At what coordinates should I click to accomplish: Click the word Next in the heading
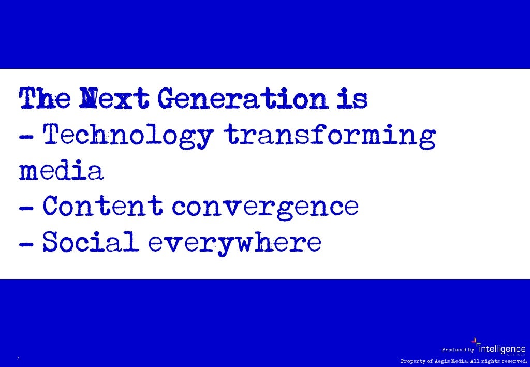[108, 99]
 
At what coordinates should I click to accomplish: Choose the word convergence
[265, 207]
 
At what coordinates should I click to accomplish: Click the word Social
[91, 242]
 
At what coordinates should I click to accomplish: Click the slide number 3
[18, 358]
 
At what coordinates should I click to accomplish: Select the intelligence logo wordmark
[503, 349]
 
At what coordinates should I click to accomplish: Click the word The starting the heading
[45, 99]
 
